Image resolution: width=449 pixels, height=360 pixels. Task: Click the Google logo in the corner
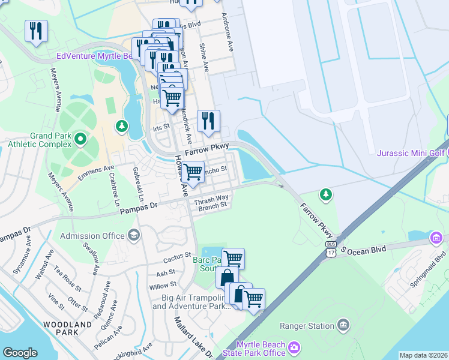(20, 353)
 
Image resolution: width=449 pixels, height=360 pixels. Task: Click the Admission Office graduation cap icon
(133, 236)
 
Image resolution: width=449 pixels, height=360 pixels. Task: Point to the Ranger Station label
(307, 326)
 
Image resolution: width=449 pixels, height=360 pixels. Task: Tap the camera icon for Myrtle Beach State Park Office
(294, 347)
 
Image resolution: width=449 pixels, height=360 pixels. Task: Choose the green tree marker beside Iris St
(122, 126)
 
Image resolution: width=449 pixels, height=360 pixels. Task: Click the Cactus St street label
(176, 260)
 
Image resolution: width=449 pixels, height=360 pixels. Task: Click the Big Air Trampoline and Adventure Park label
(191, 302)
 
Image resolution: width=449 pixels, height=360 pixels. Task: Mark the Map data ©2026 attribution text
(423, 355)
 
